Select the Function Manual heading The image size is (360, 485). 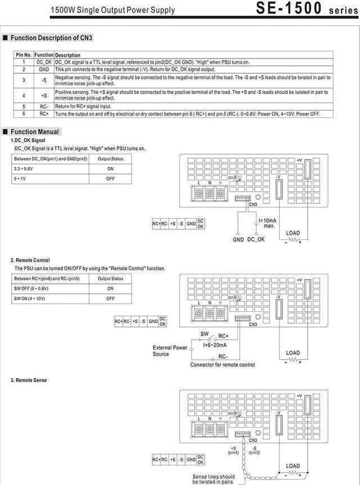(34, 132)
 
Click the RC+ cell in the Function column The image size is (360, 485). (44, 113)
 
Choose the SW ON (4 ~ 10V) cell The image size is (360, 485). (33, 298)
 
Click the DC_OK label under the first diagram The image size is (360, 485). (256, 239)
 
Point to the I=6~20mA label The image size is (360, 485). (215, 345)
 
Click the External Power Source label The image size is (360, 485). (170, 351)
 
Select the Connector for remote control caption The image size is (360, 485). (222, 365)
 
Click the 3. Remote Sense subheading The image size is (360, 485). (29, 380)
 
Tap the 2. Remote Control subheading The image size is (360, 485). (30, 260)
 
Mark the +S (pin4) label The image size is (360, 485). (233, 450)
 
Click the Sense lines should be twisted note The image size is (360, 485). (214, 479)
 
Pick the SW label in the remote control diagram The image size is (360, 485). (205, 333)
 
